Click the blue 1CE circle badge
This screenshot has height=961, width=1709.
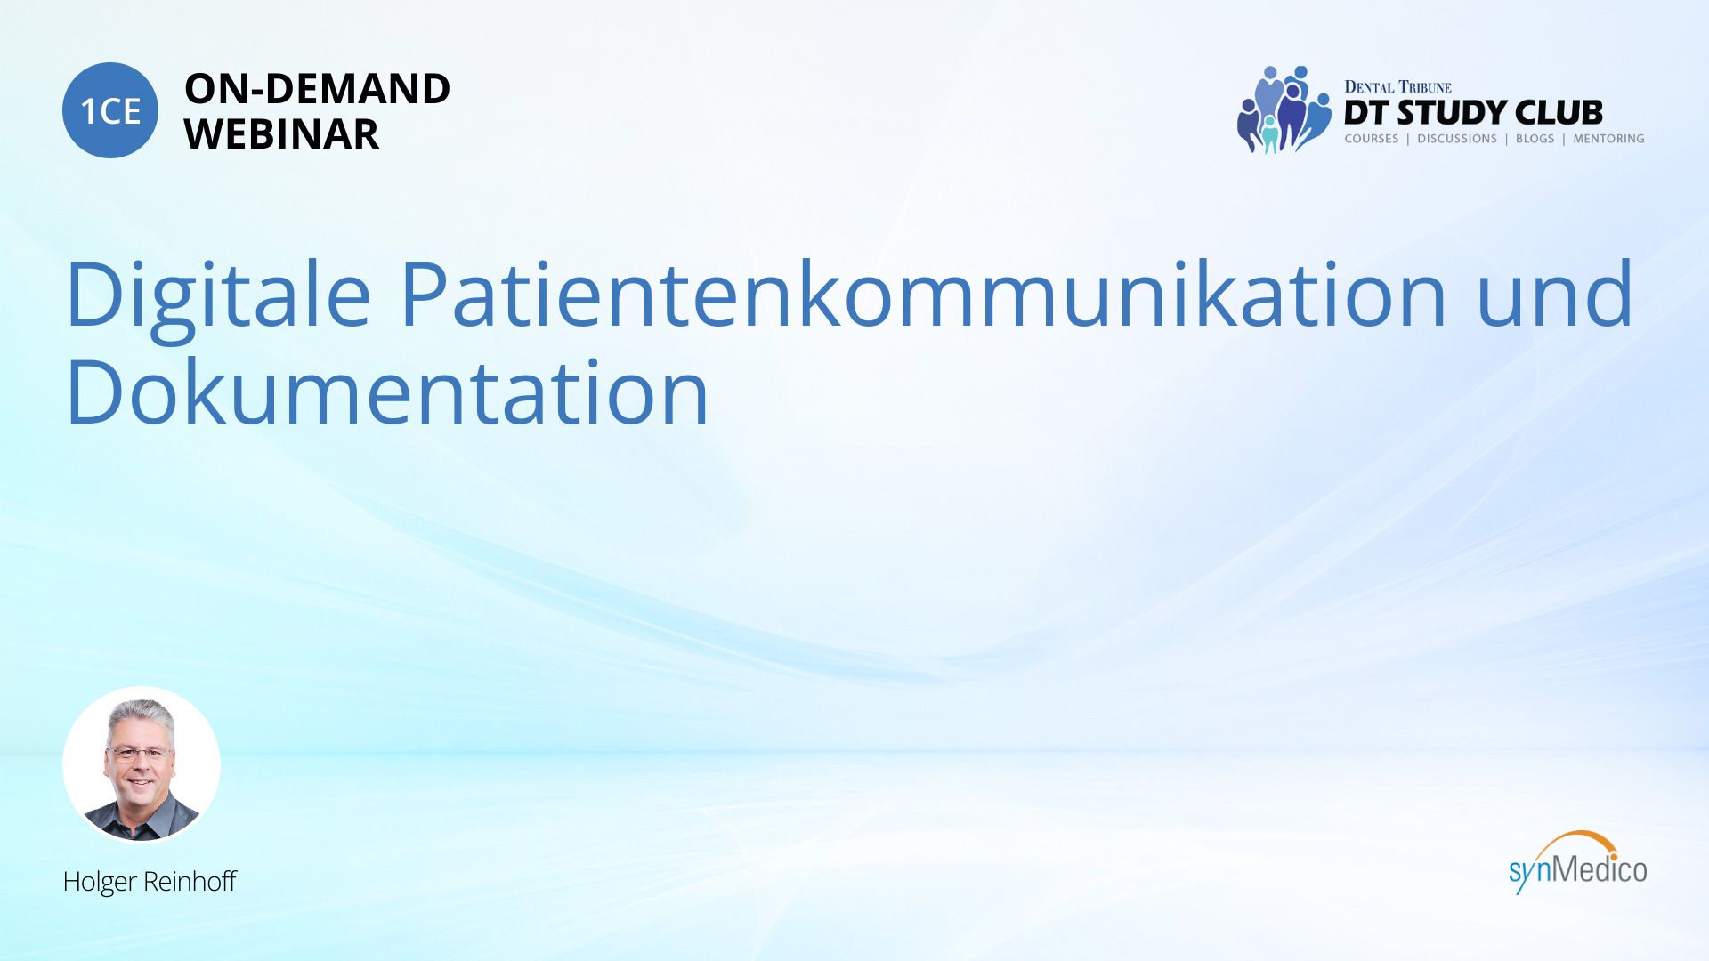[110, 110]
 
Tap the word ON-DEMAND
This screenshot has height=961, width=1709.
[317, 89]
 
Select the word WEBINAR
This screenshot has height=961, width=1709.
[281, 134]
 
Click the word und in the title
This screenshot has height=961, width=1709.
[1554, 293]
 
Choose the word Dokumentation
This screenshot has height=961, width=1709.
[387, 391]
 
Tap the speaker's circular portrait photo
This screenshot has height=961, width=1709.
[142, 764]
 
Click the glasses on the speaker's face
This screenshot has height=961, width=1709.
[140, 754]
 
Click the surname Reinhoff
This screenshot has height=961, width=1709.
[190, 881]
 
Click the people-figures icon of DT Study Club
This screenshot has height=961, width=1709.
[1283, 109]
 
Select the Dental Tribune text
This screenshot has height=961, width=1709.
[1397, 87]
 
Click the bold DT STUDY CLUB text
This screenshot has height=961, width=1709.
[1473, 113]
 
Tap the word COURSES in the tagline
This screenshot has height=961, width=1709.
[1372, 139]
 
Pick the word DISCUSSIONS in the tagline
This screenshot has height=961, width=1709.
[1457, 139]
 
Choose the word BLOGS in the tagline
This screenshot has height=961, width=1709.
[1535, 139]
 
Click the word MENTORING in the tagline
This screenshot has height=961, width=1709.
[1608, 139]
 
